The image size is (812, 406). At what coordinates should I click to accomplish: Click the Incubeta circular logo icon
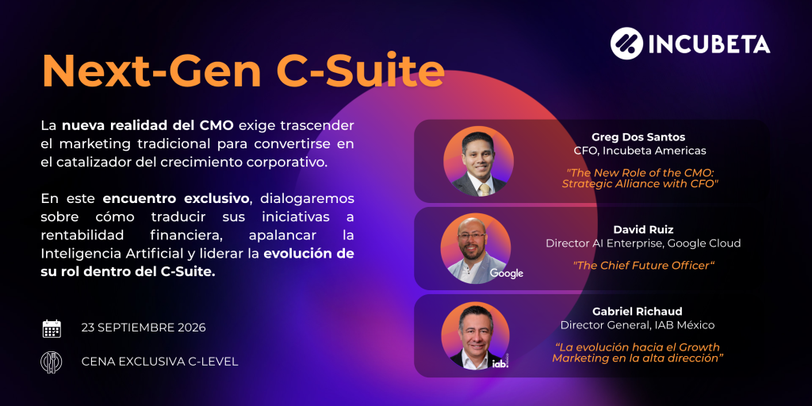tap(626, 43)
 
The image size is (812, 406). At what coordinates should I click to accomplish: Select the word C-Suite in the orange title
tap(361, 71)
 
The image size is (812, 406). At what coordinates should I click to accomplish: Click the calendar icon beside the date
tap(52, 328)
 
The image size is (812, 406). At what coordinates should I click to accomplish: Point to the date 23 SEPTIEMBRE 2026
tap(144, 327)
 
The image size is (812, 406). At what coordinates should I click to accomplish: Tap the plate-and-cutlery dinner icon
tap(52, 362)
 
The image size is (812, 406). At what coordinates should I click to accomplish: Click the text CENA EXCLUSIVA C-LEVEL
tap(159, 362)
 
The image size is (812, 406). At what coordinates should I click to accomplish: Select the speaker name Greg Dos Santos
tap(638, 137)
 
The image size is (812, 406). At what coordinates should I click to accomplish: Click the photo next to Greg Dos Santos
tap(478, 161)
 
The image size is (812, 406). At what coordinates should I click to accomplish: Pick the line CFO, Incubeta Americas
tap(640, 151)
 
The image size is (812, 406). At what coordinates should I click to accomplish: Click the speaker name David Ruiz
tap(643, 229)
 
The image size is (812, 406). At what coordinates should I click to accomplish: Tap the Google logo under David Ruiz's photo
tap(507, 274)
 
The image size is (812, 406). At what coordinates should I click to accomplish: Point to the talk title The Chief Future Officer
tap(643, 266)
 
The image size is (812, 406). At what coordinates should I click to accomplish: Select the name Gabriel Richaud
tap(638, 311)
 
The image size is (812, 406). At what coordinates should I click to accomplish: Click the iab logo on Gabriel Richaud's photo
tap(500, 363)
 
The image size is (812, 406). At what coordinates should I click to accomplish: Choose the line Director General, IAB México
tap(638, 325)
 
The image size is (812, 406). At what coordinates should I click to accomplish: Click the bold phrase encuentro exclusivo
tap(176, 199)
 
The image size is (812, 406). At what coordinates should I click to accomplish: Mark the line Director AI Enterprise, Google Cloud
tap(643, 243)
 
